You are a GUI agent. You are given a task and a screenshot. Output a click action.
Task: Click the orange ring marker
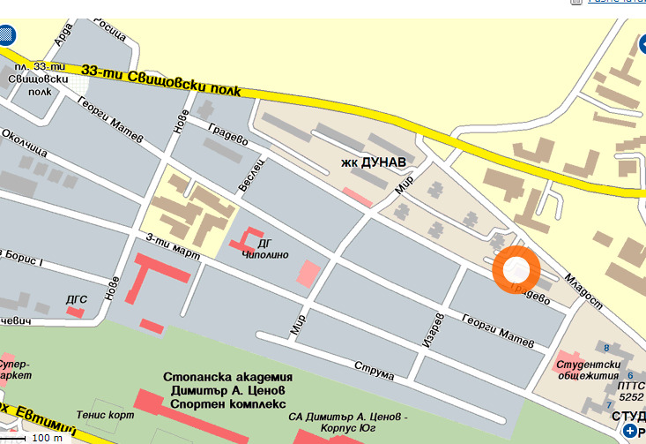[x=516, y=269]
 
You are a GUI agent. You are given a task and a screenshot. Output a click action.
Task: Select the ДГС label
[x=76, y=299]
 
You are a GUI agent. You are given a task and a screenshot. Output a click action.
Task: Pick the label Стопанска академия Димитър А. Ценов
[x=227, y=385]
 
